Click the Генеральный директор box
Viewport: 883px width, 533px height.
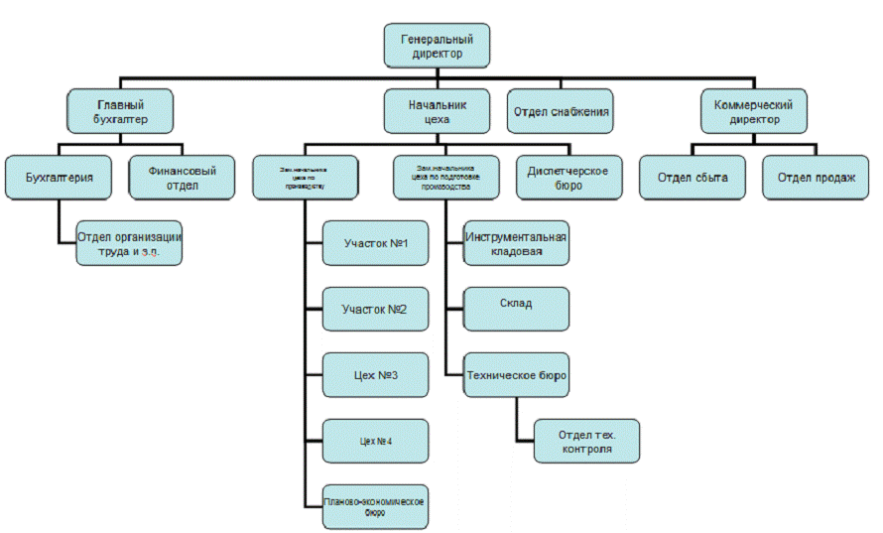[x=437, y=46]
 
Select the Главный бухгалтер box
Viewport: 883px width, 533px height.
[x=120, y=111]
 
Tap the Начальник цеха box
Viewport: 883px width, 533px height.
[x=437, y=111]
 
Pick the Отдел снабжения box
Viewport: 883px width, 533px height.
[x=561, y=111]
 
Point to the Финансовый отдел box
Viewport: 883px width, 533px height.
[x=182, y=178]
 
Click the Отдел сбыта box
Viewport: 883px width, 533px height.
[x=693, y=178]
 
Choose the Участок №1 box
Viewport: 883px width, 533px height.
[x=375, y=244]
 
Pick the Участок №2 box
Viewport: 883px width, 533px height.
[x=375, y=310]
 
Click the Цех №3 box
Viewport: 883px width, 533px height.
[x=375, y=375]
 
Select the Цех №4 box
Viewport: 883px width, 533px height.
[x=375, y=441]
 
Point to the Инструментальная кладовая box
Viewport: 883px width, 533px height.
[x=516, y=244]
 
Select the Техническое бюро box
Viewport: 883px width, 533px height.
[x=516, y=375]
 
